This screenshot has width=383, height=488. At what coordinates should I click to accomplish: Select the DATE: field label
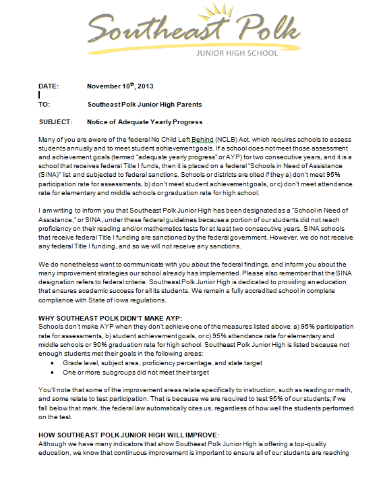pyautogui.click(x=49, y=86)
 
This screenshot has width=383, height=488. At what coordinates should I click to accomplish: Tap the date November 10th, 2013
pyautogui.click(x=120, y=86)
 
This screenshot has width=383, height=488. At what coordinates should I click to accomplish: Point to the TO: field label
pyautogui.click(x=44, y=105)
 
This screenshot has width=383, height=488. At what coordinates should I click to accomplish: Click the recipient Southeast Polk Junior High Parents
pyautogui.click(x=144, y=105)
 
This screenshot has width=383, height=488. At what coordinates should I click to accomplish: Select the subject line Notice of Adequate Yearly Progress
pyautogui.click(x=144, y=122)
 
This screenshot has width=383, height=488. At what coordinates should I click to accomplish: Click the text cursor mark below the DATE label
pyautogui.click(x=39, y=95)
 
